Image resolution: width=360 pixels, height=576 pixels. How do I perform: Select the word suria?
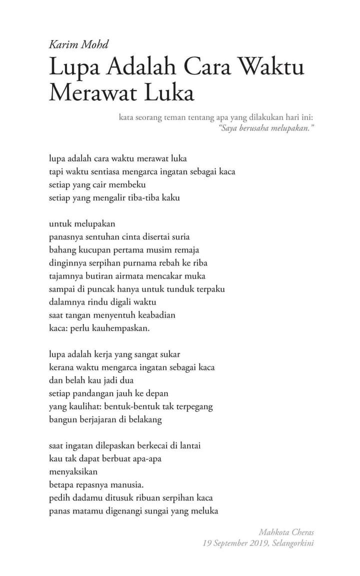178,236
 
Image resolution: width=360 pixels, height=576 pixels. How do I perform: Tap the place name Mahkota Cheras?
286,531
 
